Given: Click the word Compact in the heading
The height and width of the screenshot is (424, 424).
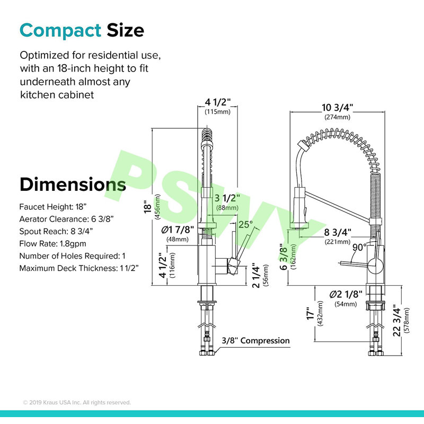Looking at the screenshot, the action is tap(60, 31).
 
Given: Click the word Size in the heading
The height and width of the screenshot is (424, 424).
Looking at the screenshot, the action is tap(125, 30).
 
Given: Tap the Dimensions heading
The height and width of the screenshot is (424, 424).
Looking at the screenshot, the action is tap(73, 184).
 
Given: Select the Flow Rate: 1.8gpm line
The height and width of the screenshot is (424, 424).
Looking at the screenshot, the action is tap(52, 244).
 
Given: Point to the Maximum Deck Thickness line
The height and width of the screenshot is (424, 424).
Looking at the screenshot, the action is tap(79, 268).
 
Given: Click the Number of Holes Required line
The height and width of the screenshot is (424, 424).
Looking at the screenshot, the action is tap(72, 256).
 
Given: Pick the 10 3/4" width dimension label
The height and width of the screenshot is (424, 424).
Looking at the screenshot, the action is tap(337, 108).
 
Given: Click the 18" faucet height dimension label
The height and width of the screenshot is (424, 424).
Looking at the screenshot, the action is tap(148, 207).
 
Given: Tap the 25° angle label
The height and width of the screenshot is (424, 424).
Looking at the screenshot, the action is tap(245, 224).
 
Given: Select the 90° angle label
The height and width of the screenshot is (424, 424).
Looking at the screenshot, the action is tap(360, 247).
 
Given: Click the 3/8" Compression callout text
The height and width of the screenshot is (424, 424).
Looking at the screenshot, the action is tap(255, 341).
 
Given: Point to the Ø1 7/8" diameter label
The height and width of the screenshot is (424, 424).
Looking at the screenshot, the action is tap(178, 230).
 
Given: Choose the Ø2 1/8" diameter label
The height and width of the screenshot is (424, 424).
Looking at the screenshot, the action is tap(346, 294).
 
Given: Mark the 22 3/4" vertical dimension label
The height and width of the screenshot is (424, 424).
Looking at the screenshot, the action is tap(396, 321).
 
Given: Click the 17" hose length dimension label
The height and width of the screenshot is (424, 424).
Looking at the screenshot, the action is tap(311, 314).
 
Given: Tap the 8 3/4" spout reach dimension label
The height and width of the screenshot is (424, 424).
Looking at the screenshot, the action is tap(338, 232).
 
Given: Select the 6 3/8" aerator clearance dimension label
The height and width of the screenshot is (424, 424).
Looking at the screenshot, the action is tap(284, 257).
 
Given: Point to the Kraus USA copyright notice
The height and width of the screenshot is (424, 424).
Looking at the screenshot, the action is tap(77, 402).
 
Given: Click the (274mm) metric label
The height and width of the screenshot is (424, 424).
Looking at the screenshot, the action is tap(337, 117).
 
